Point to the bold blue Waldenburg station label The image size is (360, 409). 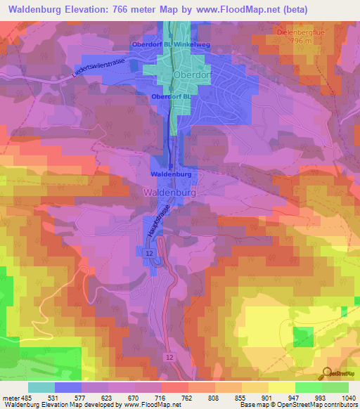171,173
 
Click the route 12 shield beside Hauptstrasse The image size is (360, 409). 149,251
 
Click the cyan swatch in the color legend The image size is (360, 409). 41,387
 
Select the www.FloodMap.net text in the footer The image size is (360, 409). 141,405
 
